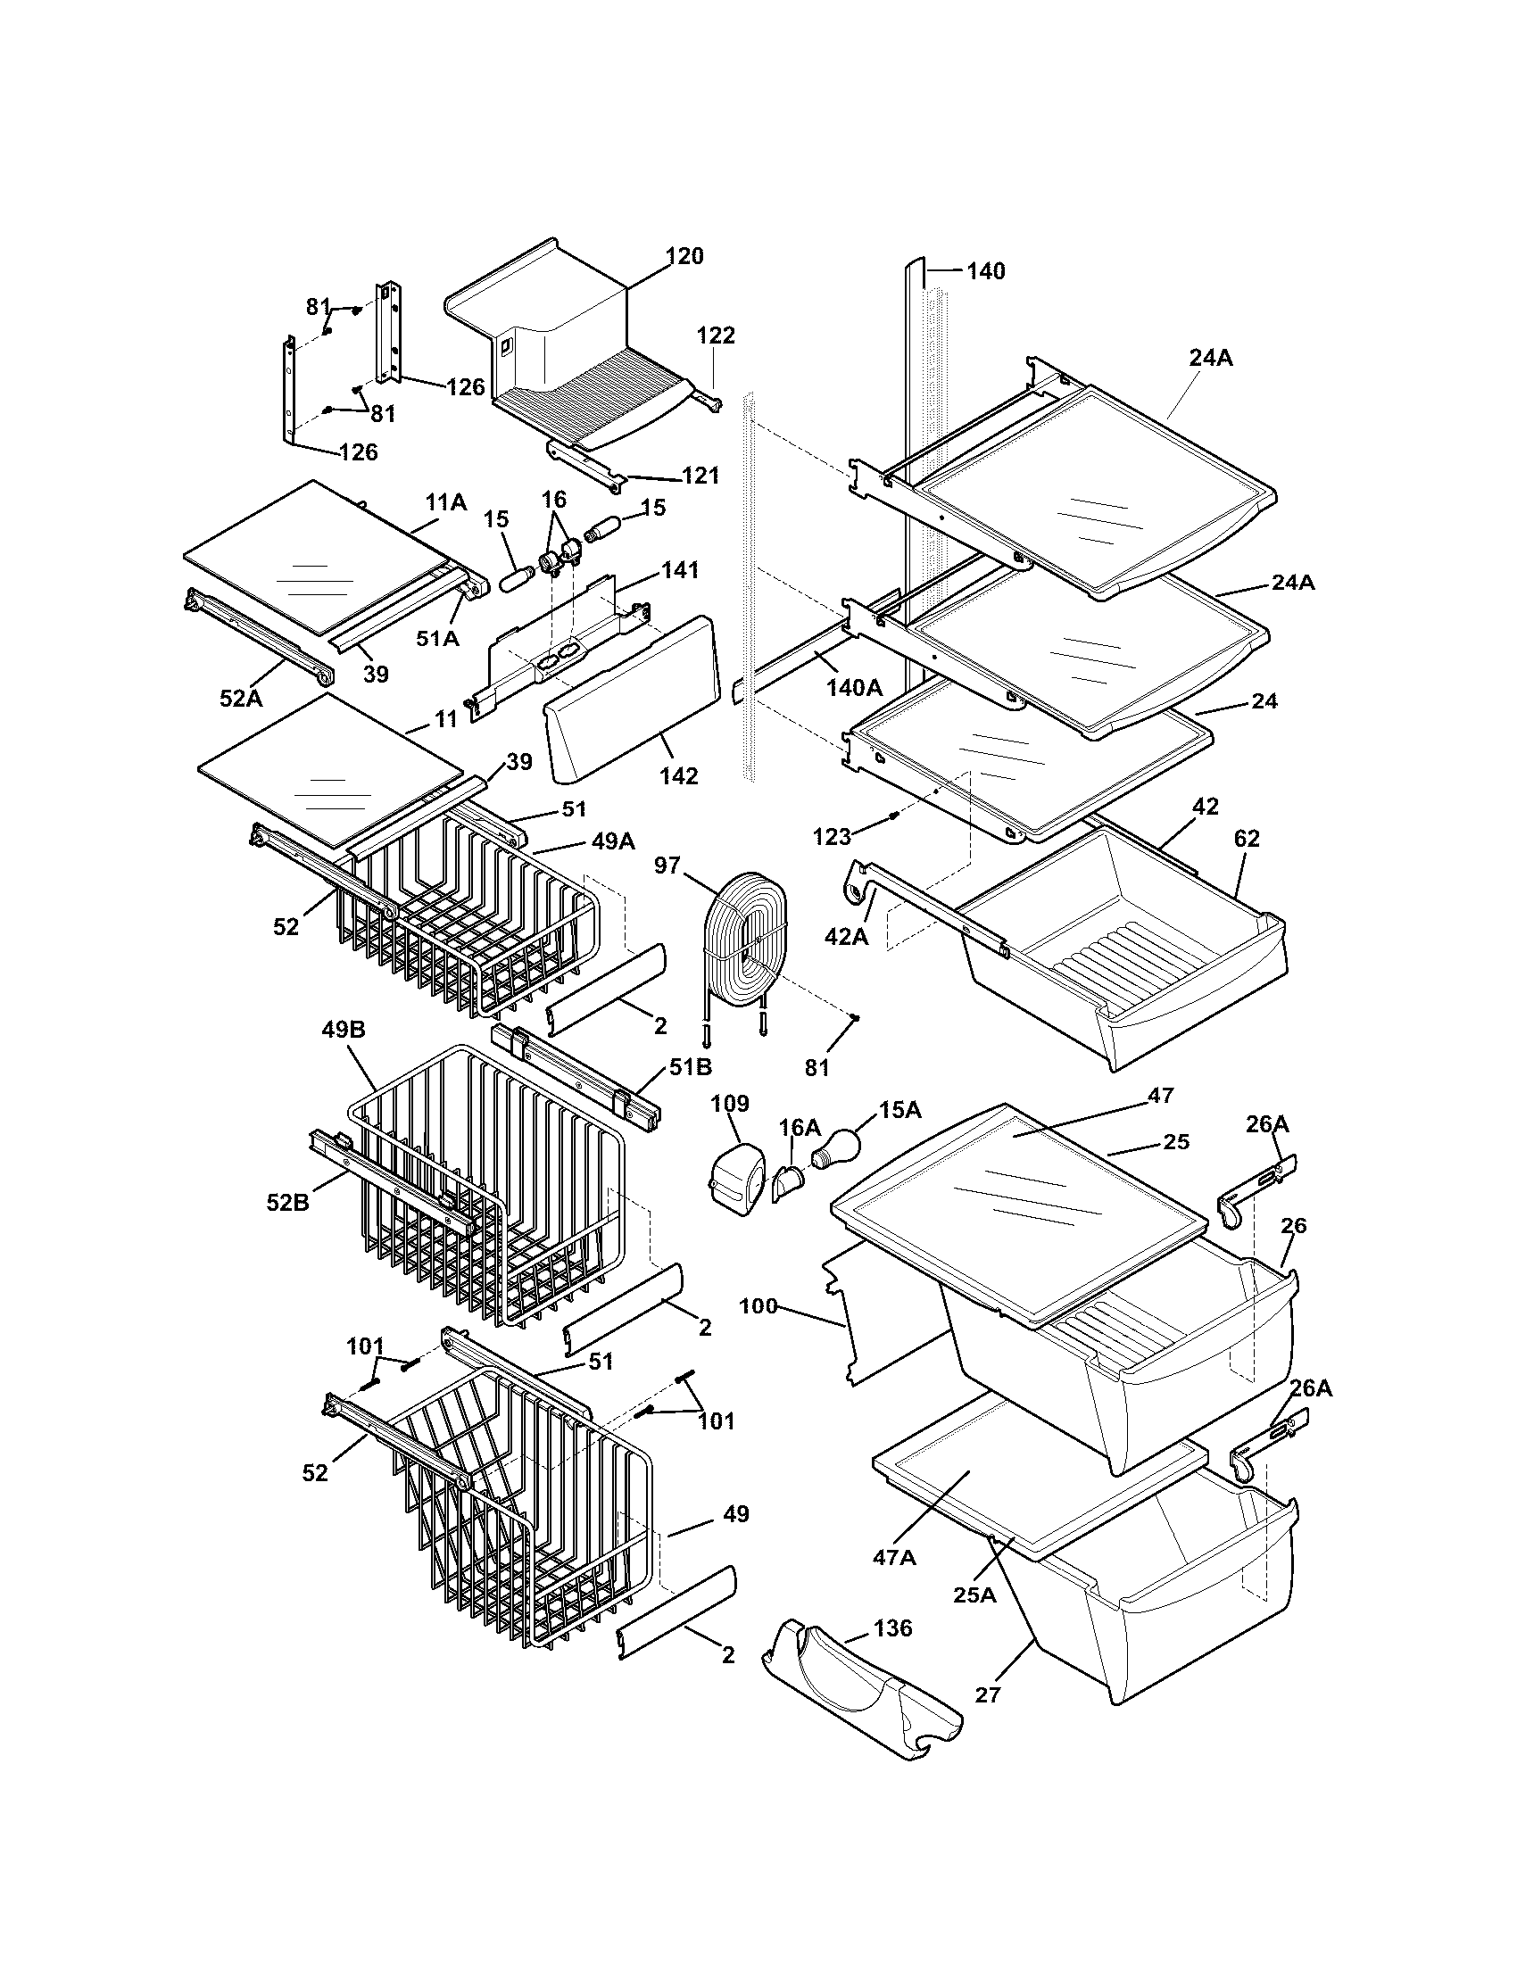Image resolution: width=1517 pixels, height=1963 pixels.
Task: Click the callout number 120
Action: [x=684, y=256]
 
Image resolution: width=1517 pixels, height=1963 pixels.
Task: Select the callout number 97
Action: [x=667, y=865]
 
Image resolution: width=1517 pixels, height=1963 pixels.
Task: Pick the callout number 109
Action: [x=729, y=1105]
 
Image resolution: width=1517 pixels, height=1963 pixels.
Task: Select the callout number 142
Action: [x=678, y=775]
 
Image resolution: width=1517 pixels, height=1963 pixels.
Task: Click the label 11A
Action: [x=446, y=502]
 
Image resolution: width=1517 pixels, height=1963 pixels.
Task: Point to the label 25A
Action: [x=974, y=1595]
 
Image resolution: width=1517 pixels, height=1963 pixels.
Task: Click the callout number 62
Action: [x=1247, y=838]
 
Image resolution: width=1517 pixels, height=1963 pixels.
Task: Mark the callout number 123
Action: [x=832, y=837]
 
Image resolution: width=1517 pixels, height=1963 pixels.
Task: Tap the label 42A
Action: [x=847, y=937]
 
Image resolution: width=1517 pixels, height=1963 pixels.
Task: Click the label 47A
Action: [x=893, y=1557]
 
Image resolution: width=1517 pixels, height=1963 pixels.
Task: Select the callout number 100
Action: [x=758, y=1306]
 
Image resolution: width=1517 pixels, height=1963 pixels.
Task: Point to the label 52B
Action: [x=287, y=1202]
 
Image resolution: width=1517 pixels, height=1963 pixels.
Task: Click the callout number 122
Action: [x=716, y=335]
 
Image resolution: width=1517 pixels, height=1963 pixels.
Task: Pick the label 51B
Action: [x=690, y=1067]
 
